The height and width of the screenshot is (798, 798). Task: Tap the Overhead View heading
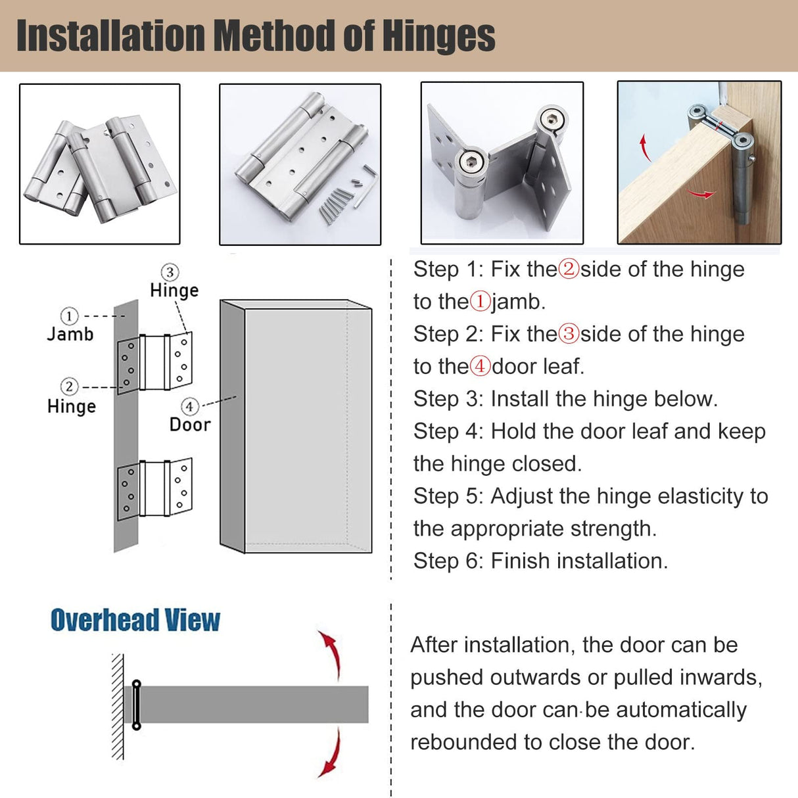pyautogui.click(x=135, y=620)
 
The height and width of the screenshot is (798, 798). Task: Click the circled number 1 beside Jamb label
pyautogui.click(x=69, y=316)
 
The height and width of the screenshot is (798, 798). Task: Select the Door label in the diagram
pyautogui.click(x=190, y=425)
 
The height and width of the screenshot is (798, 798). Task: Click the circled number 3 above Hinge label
pyautogui.click(x=170, y=272)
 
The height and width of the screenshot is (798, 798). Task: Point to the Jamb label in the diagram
pyautogui.click(x=70, y=334)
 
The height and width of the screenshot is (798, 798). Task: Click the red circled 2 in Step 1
pyautogui.click(x=569, y=269)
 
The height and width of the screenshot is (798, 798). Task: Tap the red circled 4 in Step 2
pyautogui.click(x=481, y=366)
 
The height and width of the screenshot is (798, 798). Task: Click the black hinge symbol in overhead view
pyautogui.click(x=137, y=705)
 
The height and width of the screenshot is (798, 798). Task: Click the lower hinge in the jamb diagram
pyautogui.click(x=155, y=490)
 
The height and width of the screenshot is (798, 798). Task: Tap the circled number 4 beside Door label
pyautogui.click(x=189, y=407)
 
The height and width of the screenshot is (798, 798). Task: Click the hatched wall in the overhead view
pyautogui.click(x=118, y=707)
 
